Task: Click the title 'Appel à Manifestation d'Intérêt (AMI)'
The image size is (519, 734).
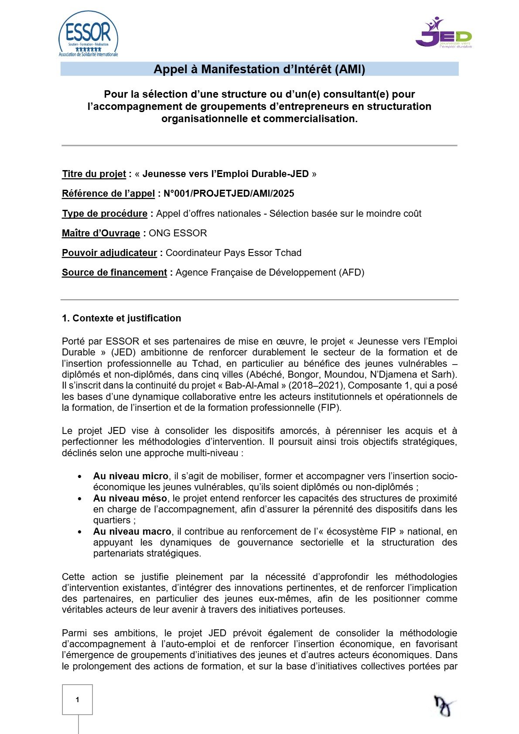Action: click(x=259, y=69)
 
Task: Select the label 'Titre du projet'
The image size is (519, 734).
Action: click(x=94, y=174)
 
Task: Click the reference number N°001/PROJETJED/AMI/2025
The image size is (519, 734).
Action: click(x=229, y=194)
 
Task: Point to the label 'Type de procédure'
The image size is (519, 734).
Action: click(x=105, y=214)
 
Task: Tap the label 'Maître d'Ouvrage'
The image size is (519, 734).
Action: click(x=101, y=233)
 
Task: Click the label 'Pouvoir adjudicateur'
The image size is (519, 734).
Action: click(x=109, y=253)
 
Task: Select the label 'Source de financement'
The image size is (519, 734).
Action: click(x=114, y=273)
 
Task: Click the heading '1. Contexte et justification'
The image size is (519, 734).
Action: click(x=121, y=318)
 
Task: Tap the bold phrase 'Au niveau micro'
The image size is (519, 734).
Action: click(x=130, y=476)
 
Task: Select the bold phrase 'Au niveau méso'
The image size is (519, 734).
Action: click(x=130, y=498)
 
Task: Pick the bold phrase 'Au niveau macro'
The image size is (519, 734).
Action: click(x=132, y=532)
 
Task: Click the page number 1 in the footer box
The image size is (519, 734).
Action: click(x=78, y=700)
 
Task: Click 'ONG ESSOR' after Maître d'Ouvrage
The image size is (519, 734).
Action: click(x=178, y=233)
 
